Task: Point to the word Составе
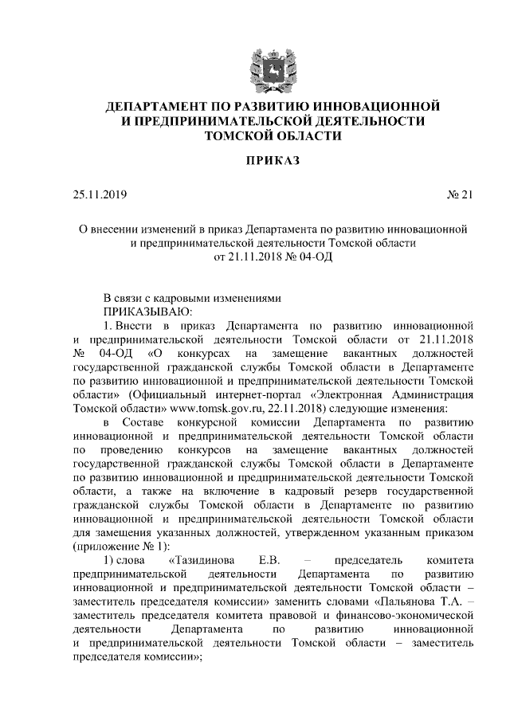(151, 420)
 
